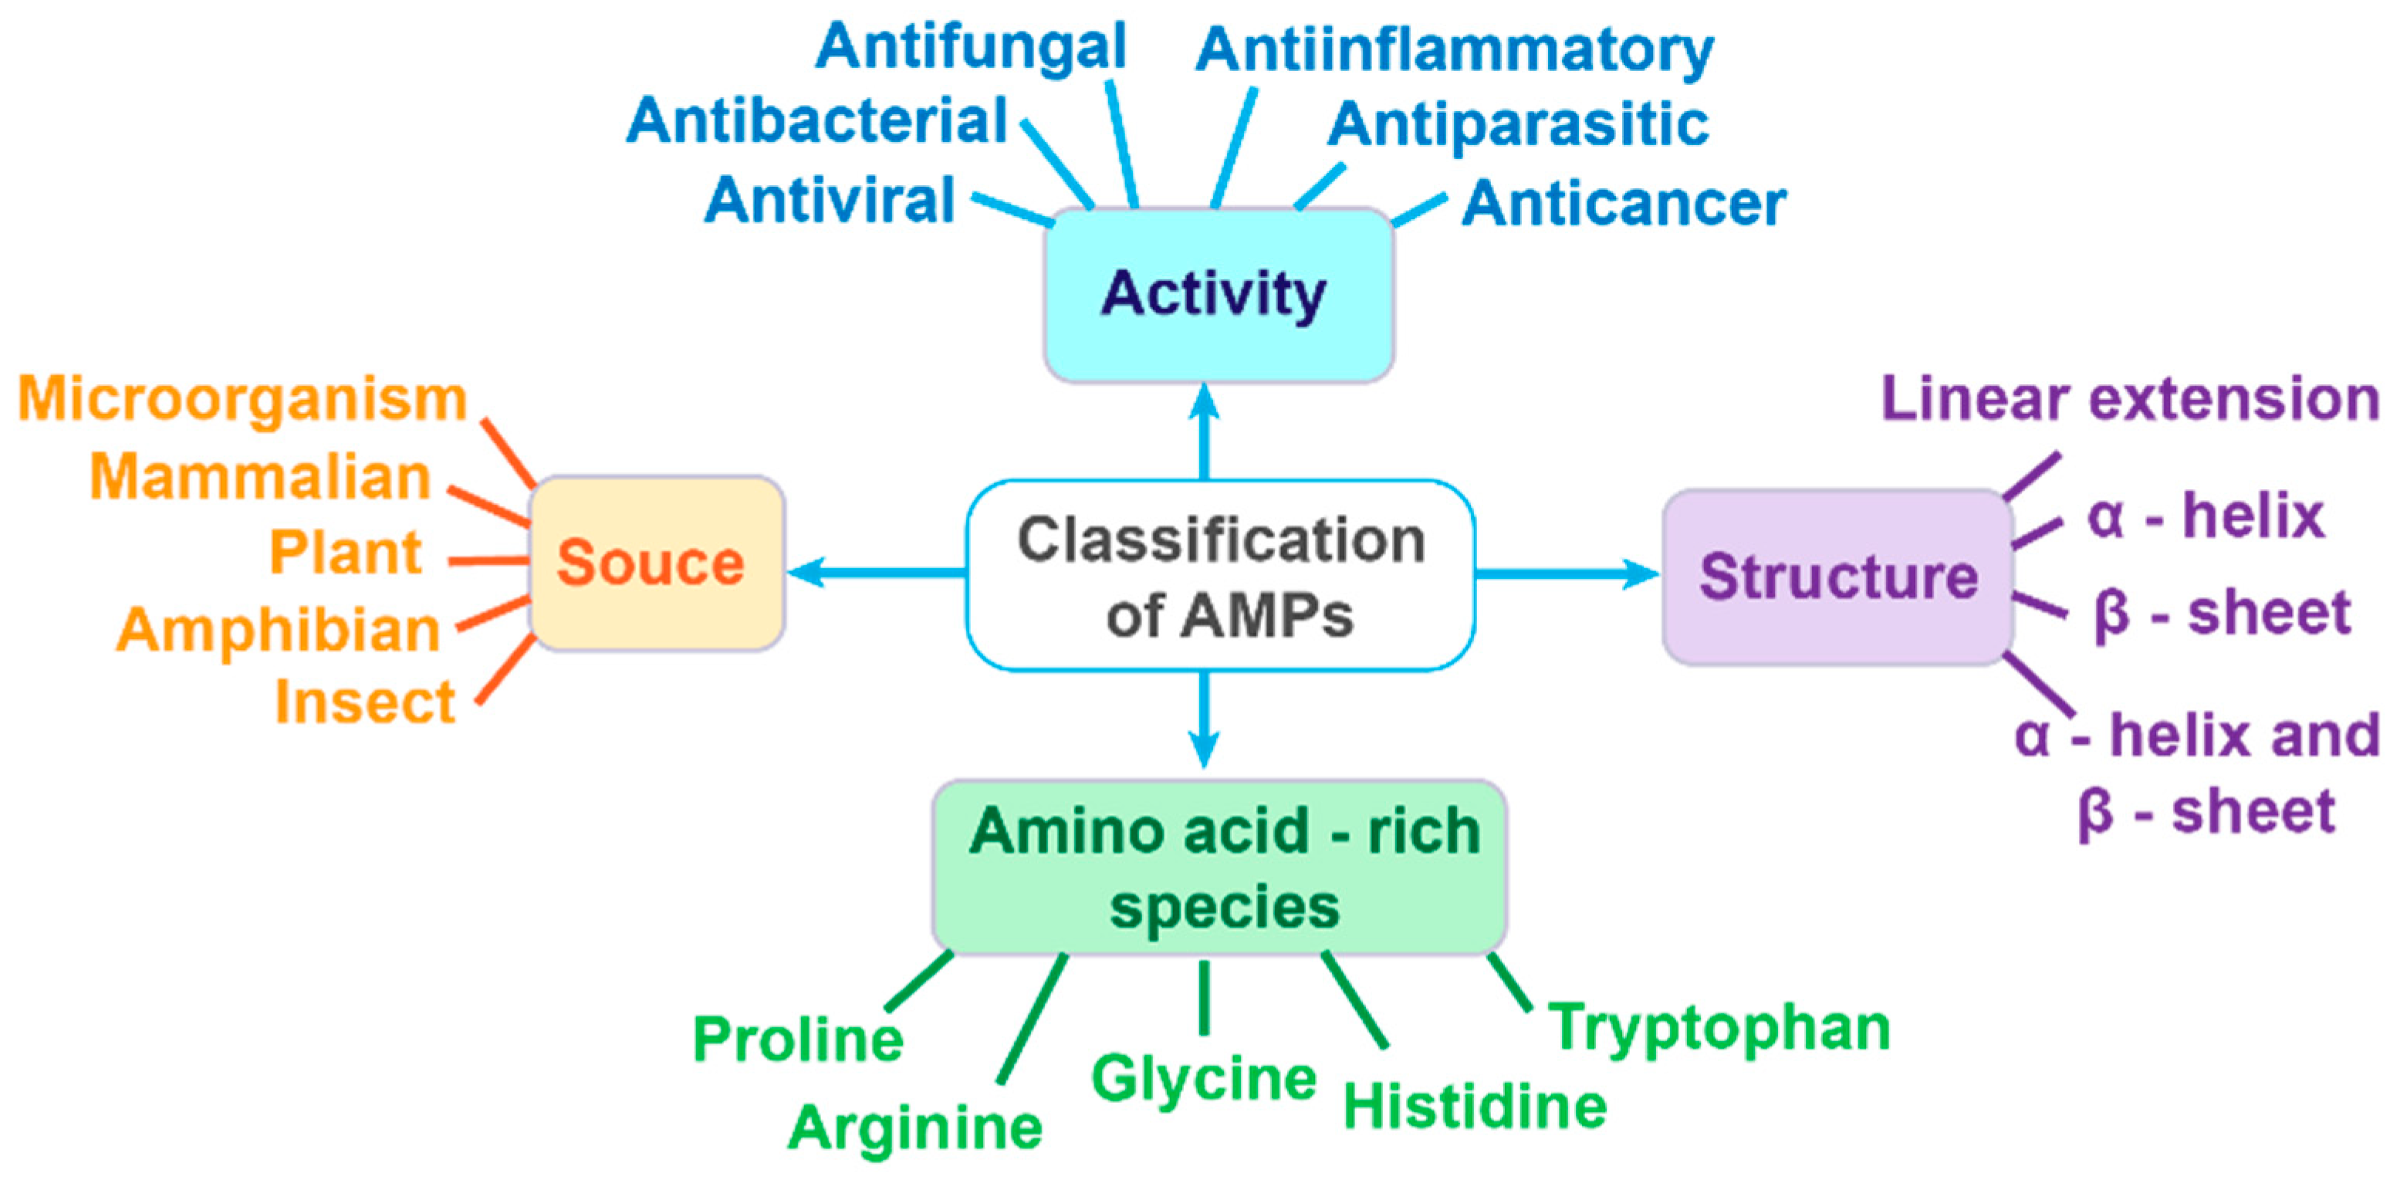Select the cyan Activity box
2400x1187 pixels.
pyautogui.click(x=1218, y=294)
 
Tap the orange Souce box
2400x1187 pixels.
pyautogui.click(x=657, y=563)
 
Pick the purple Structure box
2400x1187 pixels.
pyautogui.click(x=1837, y=577)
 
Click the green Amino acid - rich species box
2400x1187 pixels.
pyautogui.click(x=1219, y=867)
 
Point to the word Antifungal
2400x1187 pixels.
pyautogui.click(x=971, y=46)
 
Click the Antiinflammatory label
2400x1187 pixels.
pyautogui.click(x=1455, y=50)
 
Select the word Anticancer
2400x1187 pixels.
pyautogui.click(x=1623, y=204)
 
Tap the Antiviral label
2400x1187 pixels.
pyautogui.click(x=829, y=201)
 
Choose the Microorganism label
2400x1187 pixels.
pyautogui.click(x=242, y=399)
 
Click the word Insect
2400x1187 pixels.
pyautogui.click(x=364, y=702)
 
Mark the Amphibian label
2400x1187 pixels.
pyautogui.click(x=278, y=630)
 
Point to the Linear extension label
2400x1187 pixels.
pyautogui.click(x=2130, y=399)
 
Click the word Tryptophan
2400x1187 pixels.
pyautogui.click(x=1719, y=1028)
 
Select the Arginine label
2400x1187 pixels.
pyautogui.click(x=915, y=1128)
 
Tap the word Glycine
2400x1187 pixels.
pyautogui.click(x=1204, y=1079)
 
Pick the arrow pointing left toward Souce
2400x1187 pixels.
pyautogui.click(x=876, y=571)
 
